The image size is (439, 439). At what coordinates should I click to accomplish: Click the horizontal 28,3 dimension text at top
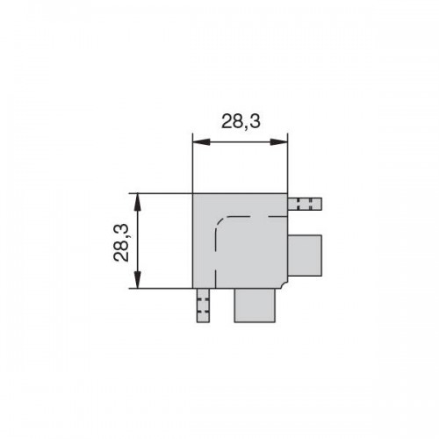point(241,121)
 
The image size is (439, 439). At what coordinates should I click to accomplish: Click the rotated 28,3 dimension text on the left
point(121,242)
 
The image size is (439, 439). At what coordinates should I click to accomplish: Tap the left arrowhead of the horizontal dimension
point(201,142)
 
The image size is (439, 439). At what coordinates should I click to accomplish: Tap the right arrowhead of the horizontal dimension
point(278,142)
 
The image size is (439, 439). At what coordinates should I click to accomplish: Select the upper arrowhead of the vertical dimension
point(138,202)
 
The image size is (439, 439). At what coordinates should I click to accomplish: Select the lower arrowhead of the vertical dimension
point(138,279)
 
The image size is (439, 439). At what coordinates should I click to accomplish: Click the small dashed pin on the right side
point(305,204)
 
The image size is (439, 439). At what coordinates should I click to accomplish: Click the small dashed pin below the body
point(203,306)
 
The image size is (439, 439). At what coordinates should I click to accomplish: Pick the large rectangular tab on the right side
point(305,255)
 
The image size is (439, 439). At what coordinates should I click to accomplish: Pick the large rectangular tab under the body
point(255,306)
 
